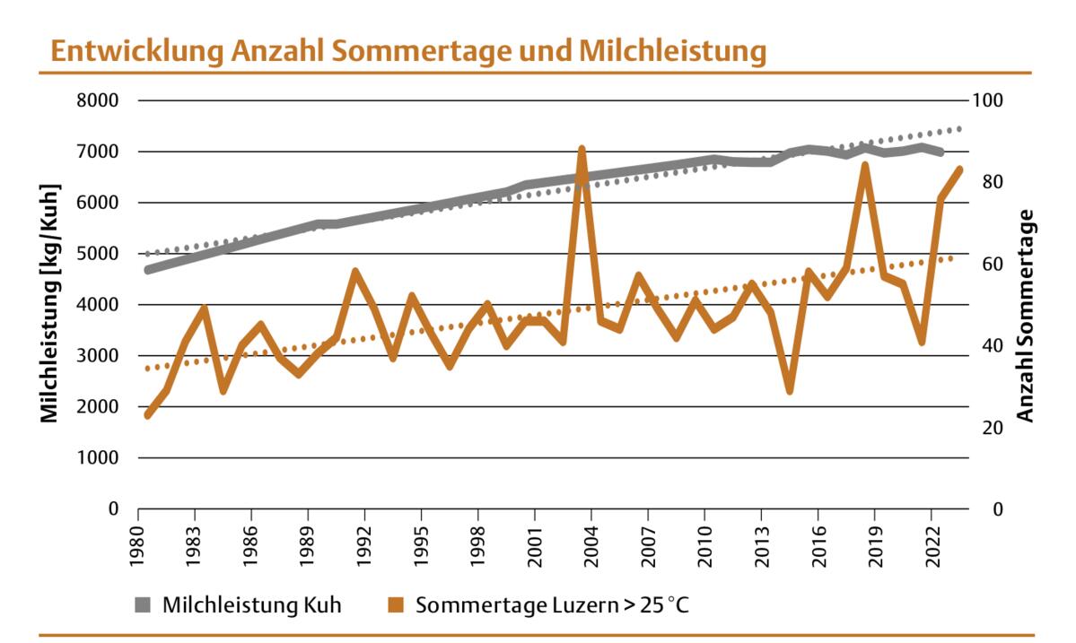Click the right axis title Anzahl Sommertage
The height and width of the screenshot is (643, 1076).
pos(1026,315)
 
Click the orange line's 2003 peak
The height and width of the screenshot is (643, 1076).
pos(582,149)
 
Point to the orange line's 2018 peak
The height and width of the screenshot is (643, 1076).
pos(865,165)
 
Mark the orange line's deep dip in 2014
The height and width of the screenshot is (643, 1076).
pos(790,390)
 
